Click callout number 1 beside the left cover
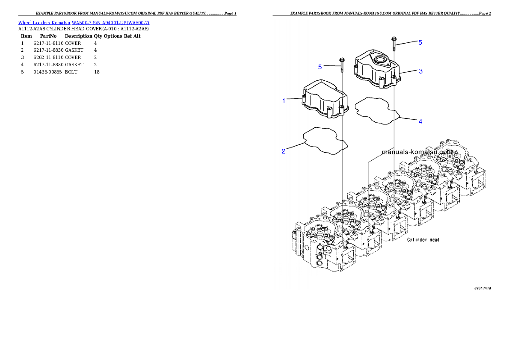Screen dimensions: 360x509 284,101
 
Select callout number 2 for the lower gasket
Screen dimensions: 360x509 284,151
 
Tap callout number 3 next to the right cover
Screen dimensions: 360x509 420,71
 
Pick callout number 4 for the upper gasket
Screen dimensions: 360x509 420,121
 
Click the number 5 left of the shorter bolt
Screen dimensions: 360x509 320,67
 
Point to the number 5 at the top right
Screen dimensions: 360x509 420,42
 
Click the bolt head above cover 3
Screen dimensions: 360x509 394,39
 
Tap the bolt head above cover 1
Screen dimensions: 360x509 342,60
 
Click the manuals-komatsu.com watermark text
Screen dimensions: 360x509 419,152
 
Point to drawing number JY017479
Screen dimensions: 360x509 482,288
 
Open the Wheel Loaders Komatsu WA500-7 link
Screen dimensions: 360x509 83,23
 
